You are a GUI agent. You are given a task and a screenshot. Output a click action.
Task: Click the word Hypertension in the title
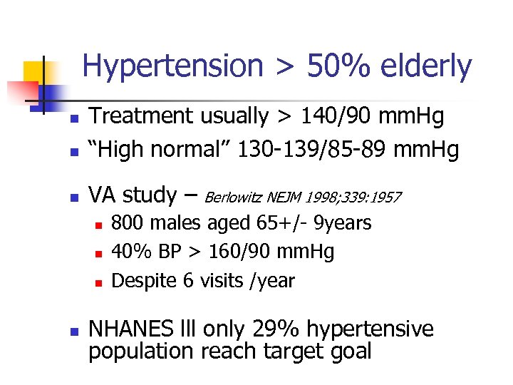pyautogui.click(x=172, y=67)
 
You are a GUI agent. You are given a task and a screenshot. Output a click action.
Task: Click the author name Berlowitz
pyautogui.click(x=234, y=197)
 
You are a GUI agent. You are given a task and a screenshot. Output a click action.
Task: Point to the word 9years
pyautogui.click(x=347, y=224)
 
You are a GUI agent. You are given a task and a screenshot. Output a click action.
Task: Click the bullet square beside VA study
pyautogui.click(x=71, y=195)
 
